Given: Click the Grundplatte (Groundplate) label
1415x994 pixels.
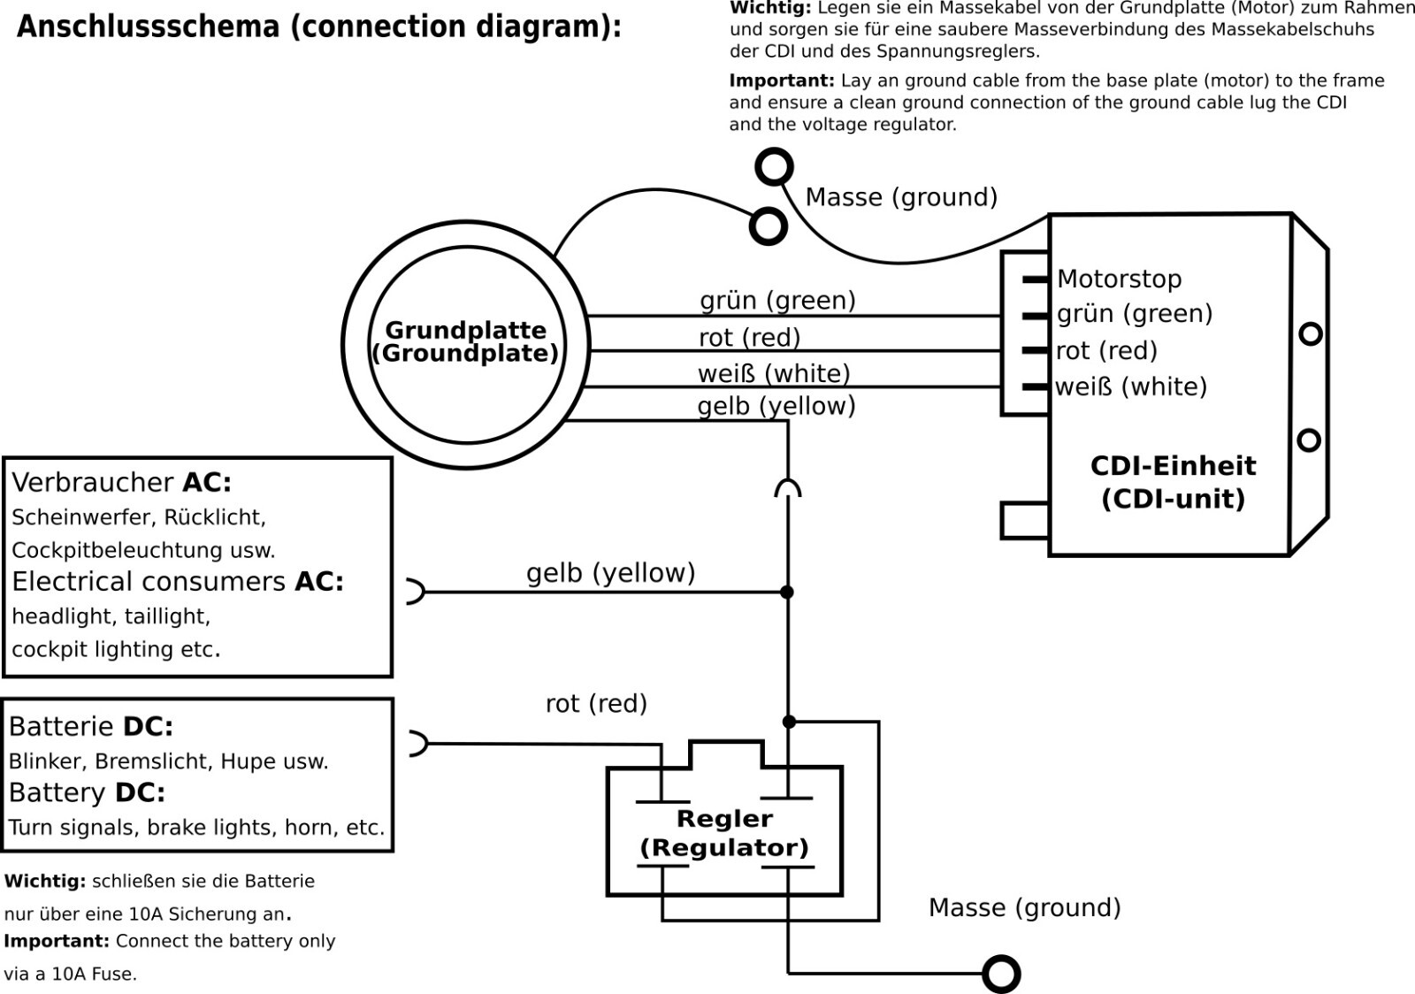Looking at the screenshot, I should coord(465,342).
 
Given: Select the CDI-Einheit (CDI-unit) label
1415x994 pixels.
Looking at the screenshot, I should coord(1173,482).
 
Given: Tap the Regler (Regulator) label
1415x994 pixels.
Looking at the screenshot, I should coord(724,833).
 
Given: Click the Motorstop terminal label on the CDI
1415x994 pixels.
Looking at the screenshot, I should coord(1119,279).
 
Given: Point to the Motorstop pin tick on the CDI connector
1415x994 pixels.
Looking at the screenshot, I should coord(1036,279).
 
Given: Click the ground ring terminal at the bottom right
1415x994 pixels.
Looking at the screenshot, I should coord(1001,974).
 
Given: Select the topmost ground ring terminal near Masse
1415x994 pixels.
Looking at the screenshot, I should coord(774,167).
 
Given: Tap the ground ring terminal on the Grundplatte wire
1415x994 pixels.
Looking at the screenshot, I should coord(768,226).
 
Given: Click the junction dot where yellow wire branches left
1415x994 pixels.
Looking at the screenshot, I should coord(787,592).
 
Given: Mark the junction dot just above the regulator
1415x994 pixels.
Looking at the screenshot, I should coord(789,722).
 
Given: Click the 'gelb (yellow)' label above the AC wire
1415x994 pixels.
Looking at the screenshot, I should coord(610,573).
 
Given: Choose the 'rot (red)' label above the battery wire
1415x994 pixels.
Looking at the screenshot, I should coord(596,704).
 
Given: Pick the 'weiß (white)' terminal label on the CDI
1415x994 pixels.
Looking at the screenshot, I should coord(1131,387).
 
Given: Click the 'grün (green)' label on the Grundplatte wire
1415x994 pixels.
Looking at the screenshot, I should coord(777,301).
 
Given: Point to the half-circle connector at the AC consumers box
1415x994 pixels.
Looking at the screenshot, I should coord(414,592).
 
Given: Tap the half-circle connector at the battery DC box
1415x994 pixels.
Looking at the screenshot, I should coord(416,744).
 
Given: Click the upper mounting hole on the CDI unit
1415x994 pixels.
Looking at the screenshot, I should coord(1310,333).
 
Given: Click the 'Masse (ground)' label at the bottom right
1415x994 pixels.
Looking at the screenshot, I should coord(1024,908).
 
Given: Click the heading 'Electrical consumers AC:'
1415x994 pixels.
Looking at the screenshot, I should coord(178,582).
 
